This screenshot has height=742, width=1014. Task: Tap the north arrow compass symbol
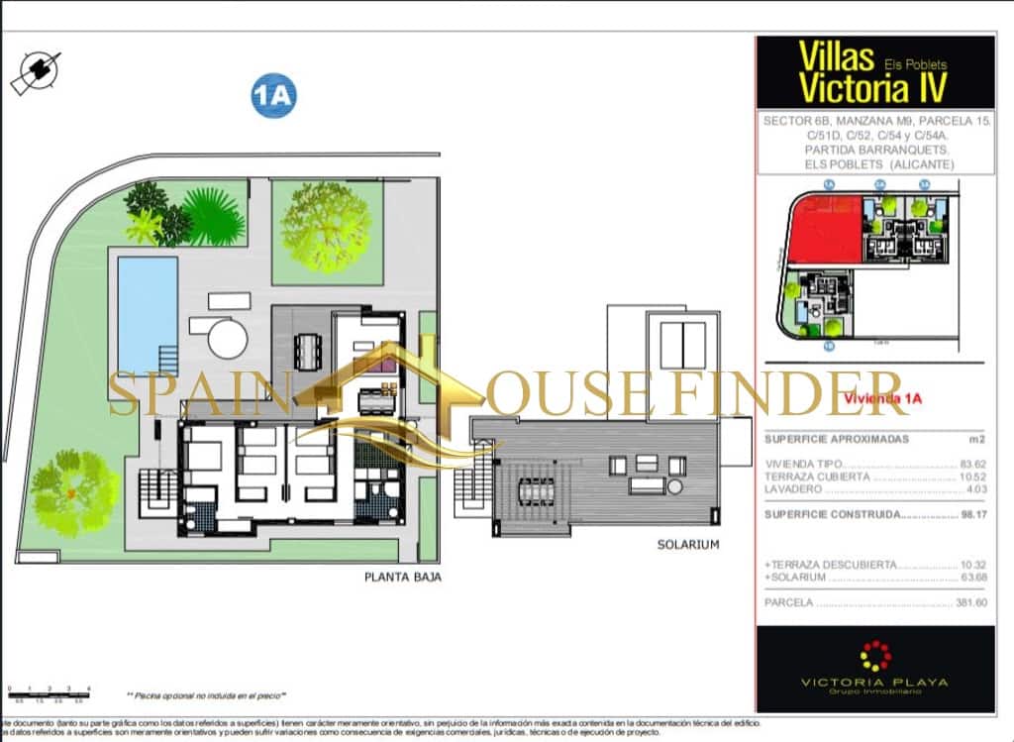[x=36, y=71]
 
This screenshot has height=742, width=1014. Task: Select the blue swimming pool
[x=148, y=310]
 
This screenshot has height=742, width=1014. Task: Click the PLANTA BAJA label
[x=402, y=578]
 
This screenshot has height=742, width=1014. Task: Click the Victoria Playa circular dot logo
[x=874, y=656]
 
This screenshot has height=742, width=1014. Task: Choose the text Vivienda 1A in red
[x=875, y=399]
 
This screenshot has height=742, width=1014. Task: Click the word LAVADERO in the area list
[x=793, y=488]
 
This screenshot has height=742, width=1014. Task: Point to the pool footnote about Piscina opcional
[x=206, y=695]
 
